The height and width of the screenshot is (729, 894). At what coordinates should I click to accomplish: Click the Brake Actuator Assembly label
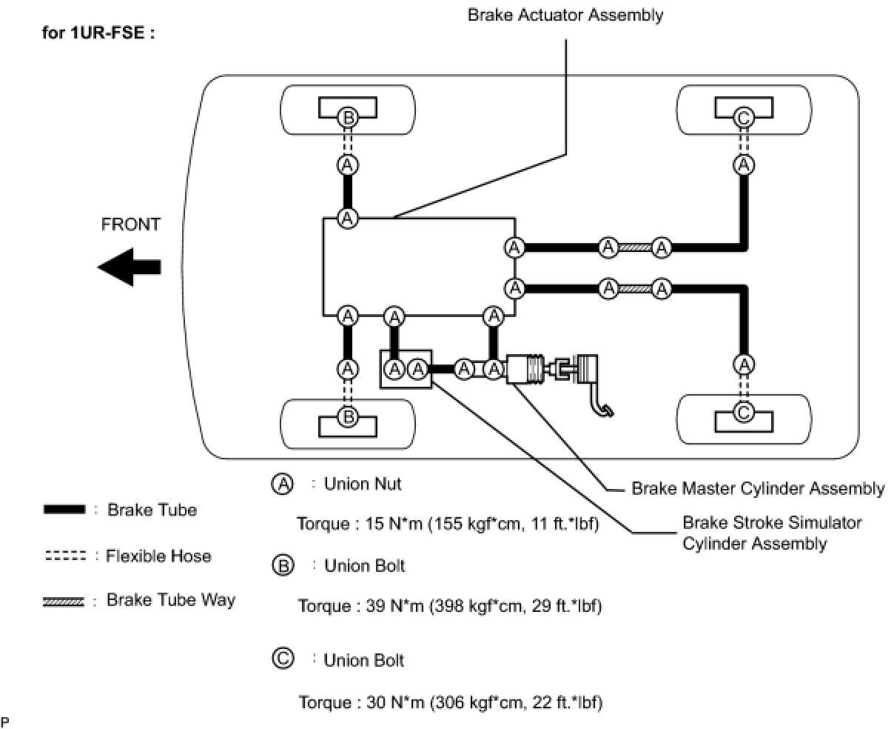click(565, 15)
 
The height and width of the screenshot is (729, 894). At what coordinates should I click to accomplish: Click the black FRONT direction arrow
click(130, 267)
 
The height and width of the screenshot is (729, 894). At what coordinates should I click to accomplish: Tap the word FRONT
click(130, 224)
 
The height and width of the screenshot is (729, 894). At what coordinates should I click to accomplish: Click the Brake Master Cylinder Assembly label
click(757, 488)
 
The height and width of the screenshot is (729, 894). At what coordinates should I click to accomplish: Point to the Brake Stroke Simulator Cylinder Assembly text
click(771, 533)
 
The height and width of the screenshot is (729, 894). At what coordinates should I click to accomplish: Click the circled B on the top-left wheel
click(348, 117)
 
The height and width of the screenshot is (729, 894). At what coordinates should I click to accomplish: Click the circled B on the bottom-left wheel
click(348, 418)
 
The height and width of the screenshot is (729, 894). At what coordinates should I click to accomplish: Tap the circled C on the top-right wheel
click(745, 117)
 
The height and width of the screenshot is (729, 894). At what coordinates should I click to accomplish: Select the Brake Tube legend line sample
click(64, 510)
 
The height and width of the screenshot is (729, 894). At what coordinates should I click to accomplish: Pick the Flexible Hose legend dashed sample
click(65, 556)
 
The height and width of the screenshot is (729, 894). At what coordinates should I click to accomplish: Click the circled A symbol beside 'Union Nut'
click(283, 484)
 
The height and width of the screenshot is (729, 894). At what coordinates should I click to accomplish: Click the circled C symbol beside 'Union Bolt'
click(283, 659)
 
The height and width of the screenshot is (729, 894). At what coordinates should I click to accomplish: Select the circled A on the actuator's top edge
click(348, 218)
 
